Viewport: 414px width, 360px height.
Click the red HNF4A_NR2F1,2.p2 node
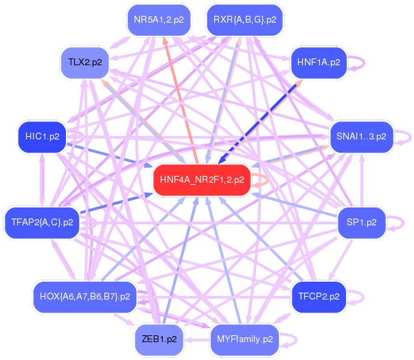tap(201, 181)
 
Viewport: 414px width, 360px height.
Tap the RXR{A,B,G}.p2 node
tap(244, 19)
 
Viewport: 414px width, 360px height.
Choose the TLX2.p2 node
tap(85, 63)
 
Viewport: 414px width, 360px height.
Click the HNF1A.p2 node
tap(319, 63)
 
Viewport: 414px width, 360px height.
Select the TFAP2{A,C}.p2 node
tap(43, 223)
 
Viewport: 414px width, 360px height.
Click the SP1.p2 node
tap(361, 223)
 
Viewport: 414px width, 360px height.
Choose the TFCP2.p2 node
tap(319, 297)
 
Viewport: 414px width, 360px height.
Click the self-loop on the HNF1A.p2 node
tap(360, 63)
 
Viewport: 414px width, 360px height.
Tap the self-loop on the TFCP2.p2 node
tap(360, 297)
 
